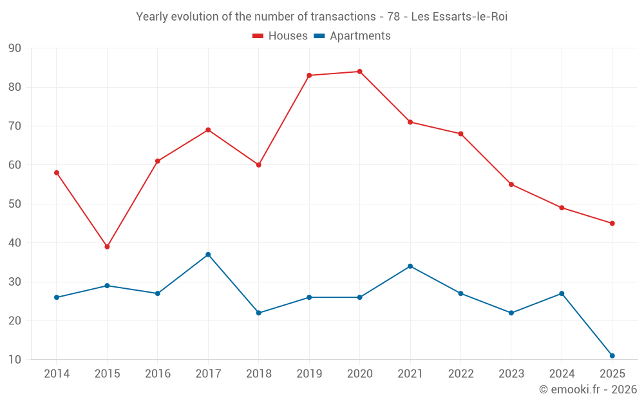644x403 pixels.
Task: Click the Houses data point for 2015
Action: coord(107,247)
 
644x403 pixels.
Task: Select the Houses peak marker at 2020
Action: coord(360,72)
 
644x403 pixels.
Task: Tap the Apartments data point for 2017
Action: coord(208,255)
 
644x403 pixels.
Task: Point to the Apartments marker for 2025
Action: coord(612,356)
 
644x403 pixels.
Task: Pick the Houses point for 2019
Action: coord(309,75)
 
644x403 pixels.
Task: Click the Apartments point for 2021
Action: coord(410,266)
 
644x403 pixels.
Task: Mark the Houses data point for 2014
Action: coord(57,173)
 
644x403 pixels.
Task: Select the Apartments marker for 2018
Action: coord(259,313)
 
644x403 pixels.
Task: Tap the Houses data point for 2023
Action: coord(511,184)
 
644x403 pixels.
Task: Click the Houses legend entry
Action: coord(280,35)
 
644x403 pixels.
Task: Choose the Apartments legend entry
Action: coord(352,35)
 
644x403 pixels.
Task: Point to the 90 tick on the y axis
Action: coord(14,48)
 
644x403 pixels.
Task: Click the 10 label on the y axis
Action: coord(14,359)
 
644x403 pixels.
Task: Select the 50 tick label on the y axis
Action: coord(14,204)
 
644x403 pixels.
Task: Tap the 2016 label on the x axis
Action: coord(158,373)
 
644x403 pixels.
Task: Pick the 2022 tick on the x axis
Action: coord(461,373)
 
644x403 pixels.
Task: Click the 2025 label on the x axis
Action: coord(612,373)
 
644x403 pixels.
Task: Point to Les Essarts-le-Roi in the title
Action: coord(459,17)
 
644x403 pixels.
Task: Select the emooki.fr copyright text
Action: coord(588,389)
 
